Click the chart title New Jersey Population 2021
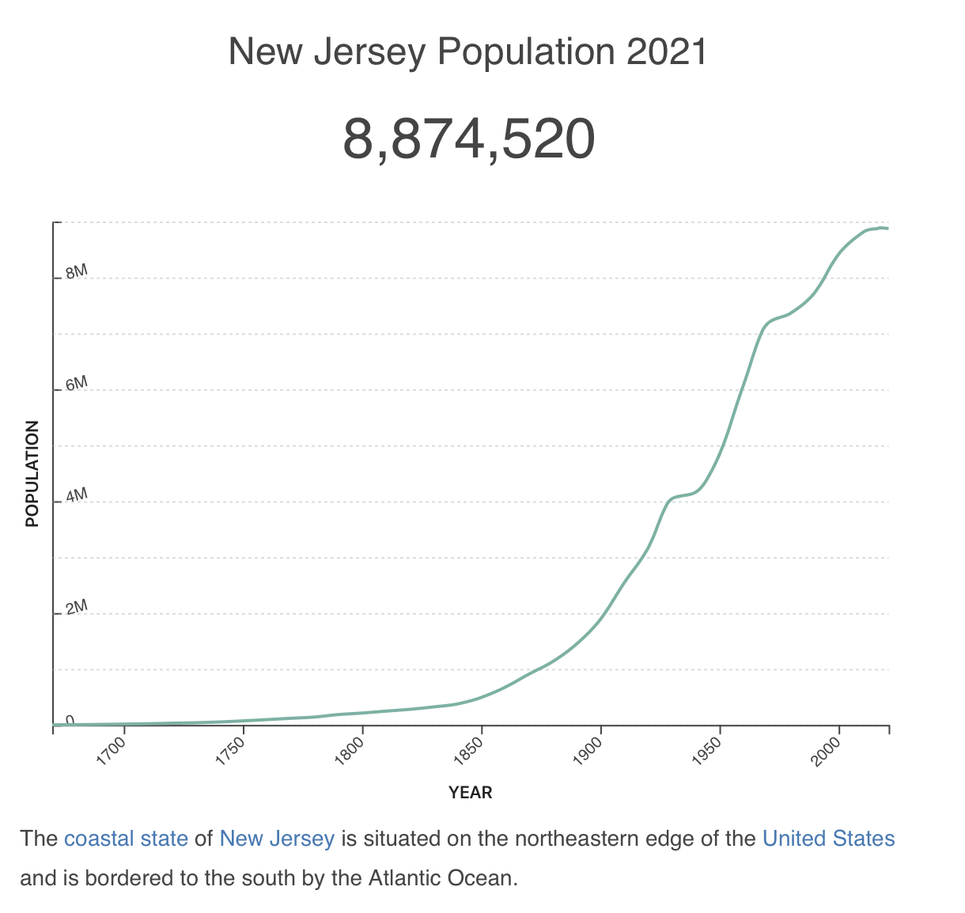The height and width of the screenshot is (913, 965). (x=467, y=53)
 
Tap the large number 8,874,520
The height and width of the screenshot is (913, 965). (x=468, y=139)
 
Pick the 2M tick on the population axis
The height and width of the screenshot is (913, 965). (x=76, y=608)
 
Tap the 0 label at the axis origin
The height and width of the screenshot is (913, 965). (x=70, y=719)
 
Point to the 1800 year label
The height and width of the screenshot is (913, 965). (x=351, y=748)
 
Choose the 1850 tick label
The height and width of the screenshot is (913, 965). (x=471, y=748)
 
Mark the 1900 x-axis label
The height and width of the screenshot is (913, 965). (x=590, y=748)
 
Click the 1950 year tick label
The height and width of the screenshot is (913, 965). (x=709, y=748)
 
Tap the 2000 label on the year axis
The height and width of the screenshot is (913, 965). (x=828, y=748)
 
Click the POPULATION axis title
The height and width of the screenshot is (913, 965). (x=32, y=474)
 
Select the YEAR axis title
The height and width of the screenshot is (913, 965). (x=471, y=793)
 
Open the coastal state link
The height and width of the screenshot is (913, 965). (x=126, y=839)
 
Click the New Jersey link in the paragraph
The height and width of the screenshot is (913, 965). (x=277, y=839)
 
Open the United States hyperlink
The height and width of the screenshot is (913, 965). (x=828, y=839)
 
